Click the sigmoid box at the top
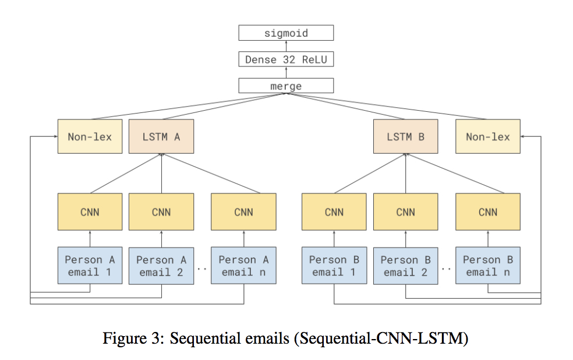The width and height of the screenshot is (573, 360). coord(286,33)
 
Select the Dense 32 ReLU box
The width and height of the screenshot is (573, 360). coord(286,59)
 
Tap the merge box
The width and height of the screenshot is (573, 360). coord(286,86)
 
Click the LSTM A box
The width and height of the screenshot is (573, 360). coord(161,137)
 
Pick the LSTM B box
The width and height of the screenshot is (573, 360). coord(405,137)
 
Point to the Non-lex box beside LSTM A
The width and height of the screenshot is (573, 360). coord(90,137)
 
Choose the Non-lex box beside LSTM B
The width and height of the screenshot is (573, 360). coord(487,137)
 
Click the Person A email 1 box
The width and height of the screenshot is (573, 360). coord(90,266)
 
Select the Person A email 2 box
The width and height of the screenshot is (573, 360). coord(161,266)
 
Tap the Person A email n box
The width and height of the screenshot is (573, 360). coord(243,266)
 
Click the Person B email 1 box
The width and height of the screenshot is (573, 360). coord(334,266)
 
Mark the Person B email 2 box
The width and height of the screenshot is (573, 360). coord(405,266)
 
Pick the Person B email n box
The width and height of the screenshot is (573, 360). coord(487,266)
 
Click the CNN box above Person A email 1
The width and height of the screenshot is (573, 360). coord(90,212)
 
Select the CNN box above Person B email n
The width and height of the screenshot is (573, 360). coord(487,212)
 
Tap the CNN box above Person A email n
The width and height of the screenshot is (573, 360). coord(243,212)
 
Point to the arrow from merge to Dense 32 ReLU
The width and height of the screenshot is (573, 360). coord(286,73)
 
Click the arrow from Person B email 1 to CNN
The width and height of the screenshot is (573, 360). coord(334,239)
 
